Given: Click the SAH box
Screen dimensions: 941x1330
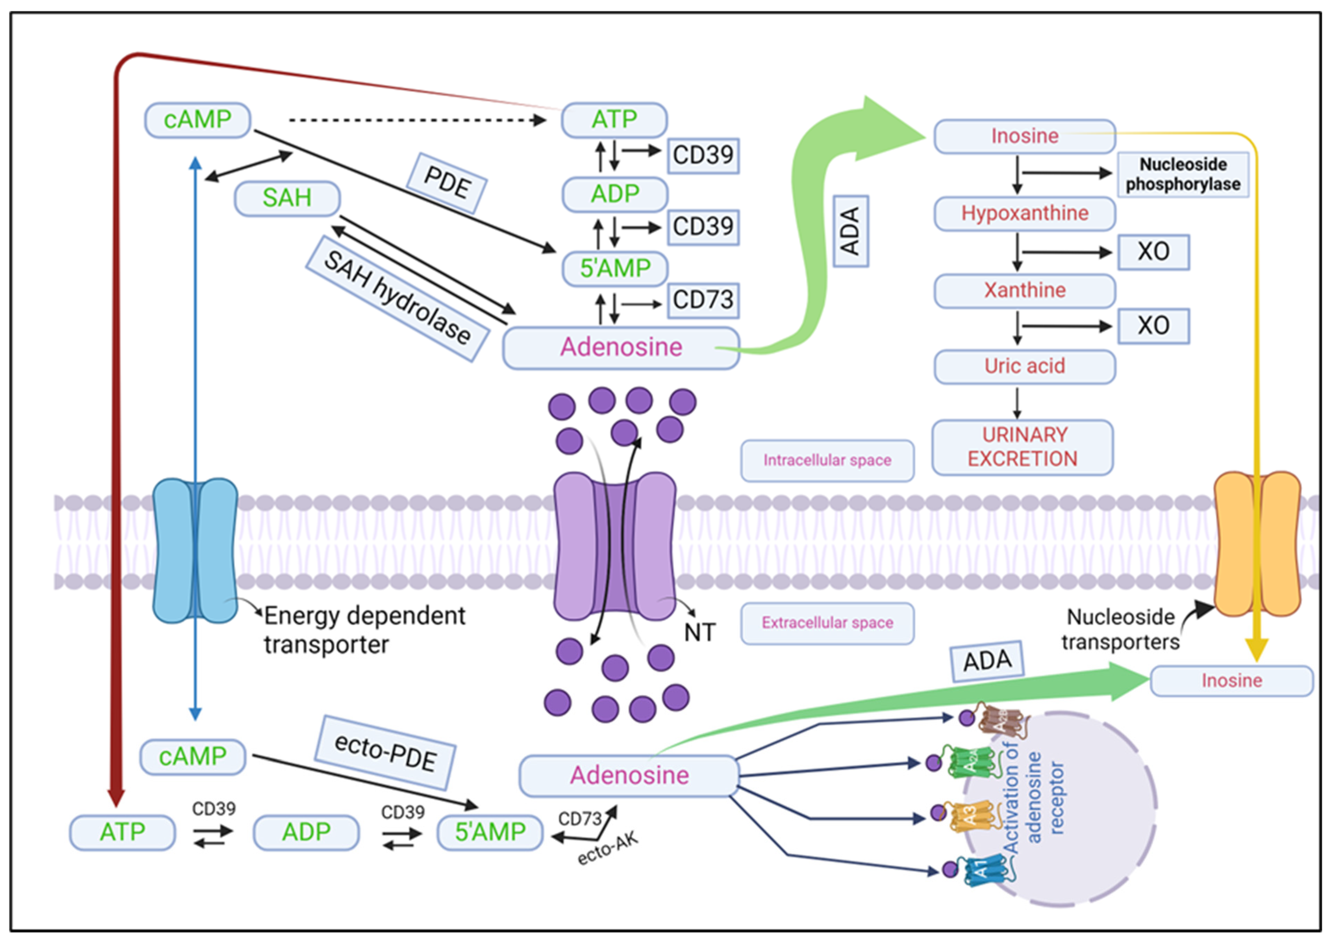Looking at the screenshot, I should (287, 198).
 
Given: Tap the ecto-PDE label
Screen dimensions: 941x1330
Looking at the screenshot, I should (385, 752).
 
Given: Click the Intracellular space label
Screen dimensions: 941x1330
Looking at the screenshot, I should (827, 460).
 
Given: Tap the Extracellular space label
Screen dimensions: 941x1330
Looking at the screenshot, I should (827, 623).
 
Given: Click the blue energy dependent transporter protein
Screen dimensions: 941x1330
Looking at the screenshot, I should (195, 550).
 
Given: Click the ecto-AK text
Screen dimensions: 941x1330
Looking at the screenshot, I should (607, 849).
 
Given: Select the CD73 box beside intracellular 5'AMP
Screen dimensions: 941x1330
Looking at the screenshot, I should (703, 300).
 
